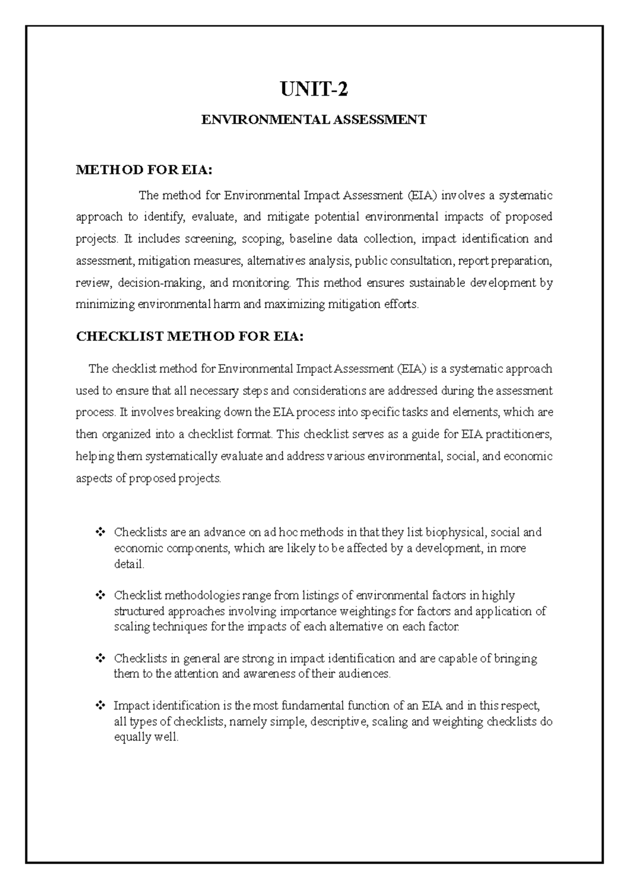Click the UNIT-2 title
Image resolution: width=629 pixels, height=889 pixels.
pyautogui.click(x=314, y=91)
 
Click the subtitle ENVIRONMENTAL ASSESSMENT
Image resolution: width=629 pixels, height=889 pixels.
pyautogui.click(x=314, y=120)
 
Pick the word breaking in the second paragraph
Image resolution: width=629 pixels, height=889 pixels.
pyautogui.click(x=194, y=413)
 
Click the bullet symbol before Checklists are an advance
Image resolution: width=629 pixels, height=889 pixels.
pyautogui.click(x=99, y=533)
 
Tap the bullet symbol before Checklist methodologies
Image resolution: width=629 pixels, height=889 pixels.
pyautogui.click(x=99, y=595)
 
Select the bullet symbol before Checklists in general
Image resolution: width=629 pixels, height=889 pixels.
pyautogui.click(x=99, y=658)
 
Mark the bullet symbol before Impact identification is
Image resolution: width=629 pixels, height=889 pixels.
pyautogui.click(x=99, y=706)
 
